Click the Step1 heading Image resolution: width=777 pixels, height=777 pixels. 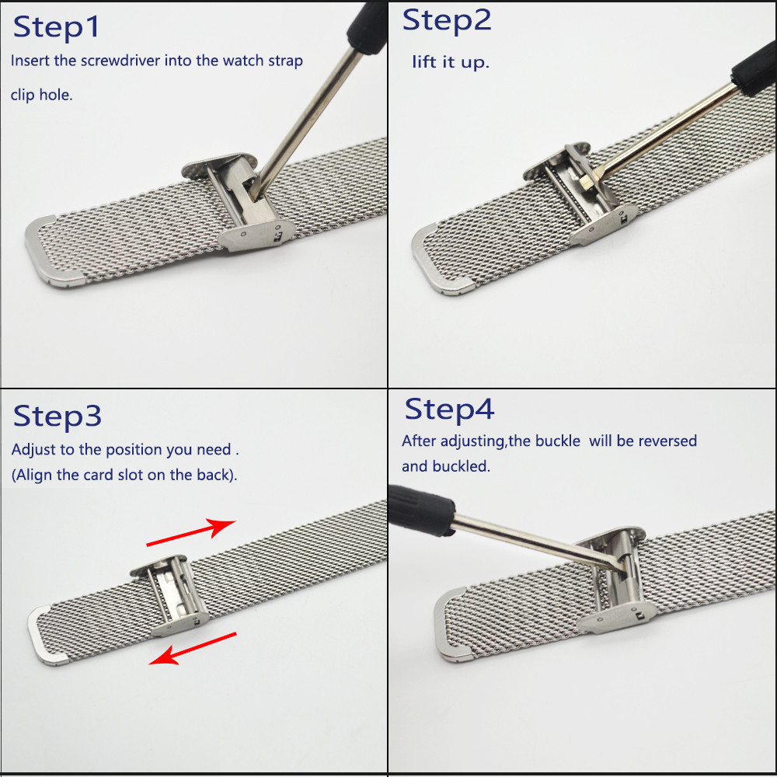[57, 27]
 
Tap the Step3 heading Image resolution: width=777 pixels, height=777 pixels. [57, 416]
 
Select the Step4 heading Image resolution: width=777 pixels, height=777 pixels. [449, 409]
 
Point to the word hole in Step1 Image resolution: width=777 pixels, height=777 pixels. [58, 96]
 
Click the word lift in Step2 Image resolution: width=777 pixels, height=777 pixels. [424, 61]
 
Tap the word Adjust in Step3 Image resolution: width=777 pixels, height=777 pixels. [33, 450]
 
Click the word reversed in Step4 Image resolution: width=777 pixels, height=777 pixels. [667, 441]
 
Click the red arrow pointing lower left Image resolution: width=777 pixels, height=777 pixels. [193, 649]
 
